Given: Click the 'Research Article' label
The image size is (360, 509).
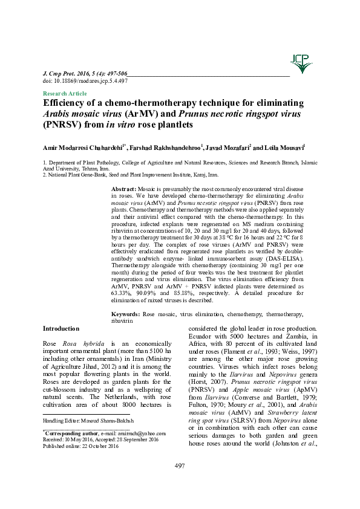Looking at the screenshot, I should pyautogui.click(x=65, y=94).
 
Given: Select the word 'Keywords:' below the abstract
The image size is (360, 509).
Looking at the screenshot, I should pyautogui.click(x=126, y=315).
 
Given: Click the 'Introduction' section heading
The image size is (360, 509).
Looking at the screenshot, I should pyautogui.click(x=61, y=328).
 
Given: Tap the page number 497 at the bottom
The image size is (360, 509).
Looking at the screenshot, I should pyautogui.click(x=180, y=481).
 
